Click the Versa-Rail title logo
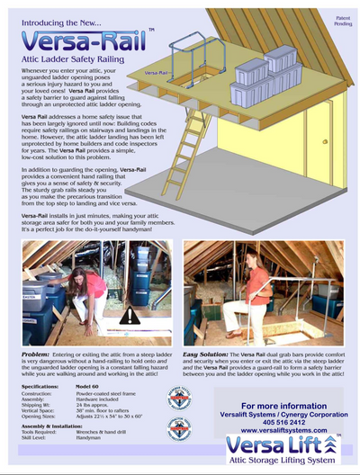[76, 40]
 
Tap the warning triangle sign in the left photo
[130, 315]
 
